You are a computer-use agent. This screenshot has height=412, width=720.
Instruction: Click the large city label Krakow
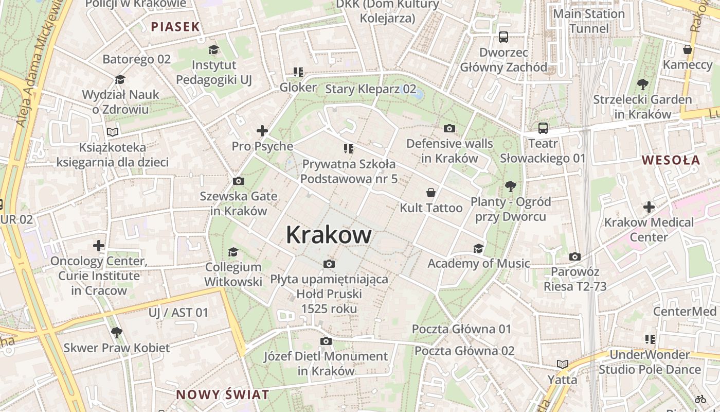tap(329, 235)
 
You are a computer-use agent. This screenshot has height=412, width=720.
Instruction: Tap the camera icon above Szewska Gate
tap(238, 181)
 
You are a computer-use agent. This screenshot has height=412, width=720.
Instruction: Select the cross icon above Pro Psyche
tap(262, 131)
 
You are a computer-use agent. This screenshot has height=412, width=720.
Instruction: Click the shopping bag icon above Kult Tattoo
tap(431, 193)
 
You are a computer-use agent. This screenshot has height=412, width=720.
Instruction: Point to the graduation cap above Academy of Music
tap(478, 248)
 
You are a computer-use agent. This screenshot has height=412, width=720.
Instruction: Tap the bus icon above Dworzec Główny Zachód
tap(503, 37)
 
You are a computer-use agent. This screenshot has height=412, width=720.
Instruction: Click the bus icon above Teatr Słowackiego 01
tap(543, 128)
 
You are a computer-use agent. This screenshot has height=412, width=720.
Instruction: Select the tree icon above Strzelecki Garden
tap(642, 84)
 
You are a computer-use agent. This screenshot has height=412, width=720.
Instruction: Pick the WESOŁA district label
tap(671, 160)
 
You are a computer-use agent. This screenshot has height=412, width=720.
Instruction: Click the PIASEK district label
tap(175, 27)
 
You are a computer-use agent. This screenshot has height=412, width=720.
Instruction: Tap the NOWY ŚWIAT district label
tap(222, 395)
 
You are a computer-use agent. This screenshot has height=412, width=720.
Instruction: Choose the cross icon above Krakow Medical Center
tap(649, 207)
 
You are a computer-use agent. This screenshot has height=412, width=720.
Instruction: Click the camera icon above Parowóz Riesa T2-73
tap(575, 256)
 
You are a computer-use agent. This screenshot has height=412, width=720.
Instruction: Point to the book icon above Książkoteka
tap(113, 132)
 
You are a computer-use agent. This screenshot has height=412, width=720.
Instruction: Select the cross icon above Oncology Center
tap(99, 246)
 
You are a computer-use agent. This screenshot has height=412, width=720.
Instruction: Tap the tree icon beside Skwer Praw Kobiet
tap(117, 333)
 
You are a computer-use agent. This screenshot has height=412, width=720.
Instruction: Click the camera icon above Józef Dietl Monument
tap(326, 341)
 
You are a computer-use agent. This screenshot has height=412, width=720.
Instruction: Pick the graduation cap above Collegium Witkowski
tap(233, 252)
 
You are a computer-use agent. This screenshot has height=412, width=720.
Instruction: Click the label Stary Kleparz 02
tap(370, 89)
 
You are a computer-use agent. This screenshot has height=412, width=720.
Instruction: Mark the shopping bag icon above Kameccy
tap(687, 49)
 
